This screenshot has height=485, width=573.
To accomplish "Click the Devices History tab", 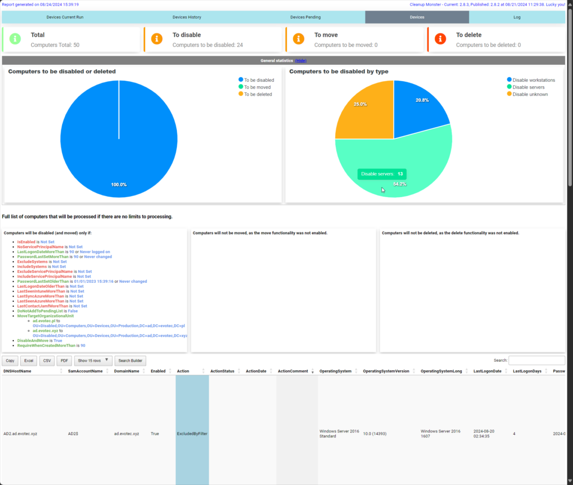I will point(186,17).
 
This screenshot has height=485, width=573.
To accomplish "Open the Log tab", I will point(516,17).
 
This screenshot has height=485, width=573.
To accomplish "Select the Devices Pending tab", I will point(306,17).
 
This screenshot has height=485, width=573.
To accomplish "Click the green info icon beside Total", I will point(16,39).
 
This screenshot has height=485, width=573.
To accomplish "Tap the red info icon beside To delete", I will point(441,39).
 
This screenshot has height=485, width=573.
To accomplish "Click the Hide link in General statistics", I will point(300,60).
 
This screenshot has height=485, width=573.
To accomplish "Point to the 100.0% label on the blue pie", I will point(119,185).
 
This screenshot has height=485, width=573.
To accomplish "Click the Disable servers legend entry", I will point(528,87).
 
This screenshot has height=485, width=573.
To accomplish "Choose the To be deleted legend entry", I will point(257,94).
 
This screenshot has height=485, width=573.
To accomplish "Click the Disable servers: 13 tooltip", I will point(382,174).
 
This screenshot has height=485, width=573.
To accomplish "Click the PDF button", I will point(64,361).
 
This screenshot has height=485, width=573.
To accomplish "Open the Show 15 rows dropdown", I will point(93,361).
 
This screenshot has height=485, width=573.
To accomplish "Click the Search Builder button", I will point(129,361).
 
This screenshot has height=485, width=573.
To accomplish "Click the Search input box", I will point(537,361).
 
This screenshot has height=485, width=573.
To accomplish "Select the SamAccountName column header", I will point(85,371).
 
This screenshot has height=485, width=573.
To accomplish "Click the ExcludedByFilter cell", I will point(192,433).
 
